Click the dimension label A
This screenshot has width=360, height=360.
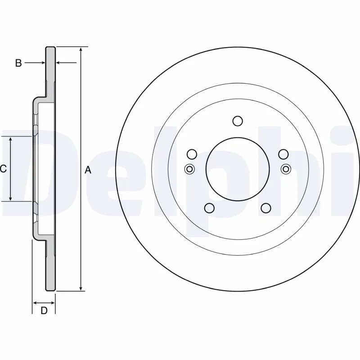click(88, 170)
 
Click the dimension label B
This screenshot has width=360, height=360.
click(18, 63)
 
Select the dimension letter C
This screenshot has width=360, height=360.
click(3, 169)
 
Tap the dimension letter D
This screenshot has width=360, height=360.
click(44, 310)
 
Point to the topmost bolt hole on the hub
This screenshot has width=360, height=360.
click(238, 121)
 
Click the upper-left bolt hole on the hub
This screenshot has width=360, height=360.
click(192, 154)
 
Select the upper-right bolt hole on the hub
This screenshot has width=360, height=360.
click(283, 154)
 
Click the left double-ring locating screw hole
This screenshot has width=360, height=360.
click(189, 169)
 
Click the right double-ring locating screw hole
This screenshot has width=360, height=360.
click(285, 169)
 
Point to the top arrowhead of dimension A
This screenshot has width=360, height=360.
click(81, 49)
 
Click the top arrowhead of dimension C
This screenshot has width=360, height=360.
click(11, 140)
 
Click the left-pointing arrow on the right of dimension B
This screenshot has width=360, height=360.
click(59, 63)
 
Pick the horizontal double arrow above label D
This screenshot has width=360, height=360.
click(44, 302)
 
